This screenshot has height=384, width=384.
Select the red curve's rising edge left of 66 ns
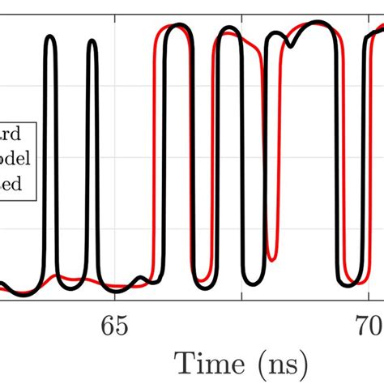pos(152,162)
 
